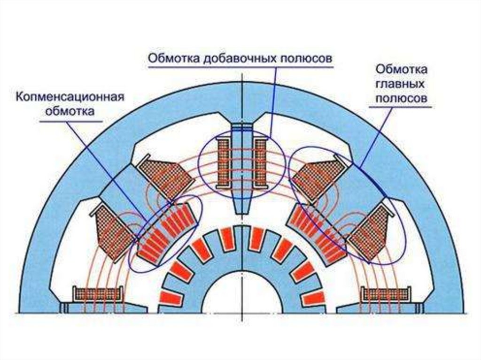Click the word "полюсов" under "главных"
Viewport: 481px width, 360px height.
click(x=401, y=99)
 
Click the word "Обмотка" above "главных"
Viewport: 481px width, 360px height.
click(x=401, y=70)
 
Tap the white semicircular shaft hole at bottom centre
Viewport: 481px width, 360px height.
click(x=240, y=296)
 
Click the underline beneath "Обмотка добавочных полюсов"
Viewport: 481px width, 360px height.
click(x=240, y=67)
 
